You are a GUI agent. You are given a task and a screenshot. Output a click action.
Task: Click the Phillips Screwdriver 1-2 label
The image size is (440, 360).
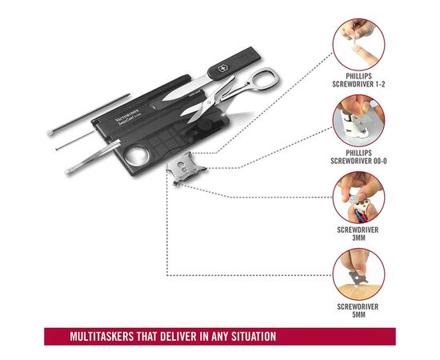pyautogui.click(x=358, y=80)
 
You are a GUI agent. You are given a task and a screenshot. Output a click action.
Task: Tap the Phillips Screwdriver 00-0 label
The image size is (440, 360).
pyautogui.click(x=358, y=157)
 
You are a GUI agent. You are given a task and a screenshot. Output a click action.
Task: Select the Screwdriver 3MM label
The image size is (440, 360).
pyautogui.click(x=358, y=234)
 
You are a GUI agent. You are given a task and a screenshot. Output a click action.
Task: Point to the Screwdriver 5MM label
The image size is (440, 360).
pyautogui.click(x=358, y=310)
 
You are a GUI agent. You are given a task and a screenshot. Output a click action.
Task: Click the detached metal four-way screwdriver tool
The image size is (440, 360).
pyautogui.click(x=186, y=168)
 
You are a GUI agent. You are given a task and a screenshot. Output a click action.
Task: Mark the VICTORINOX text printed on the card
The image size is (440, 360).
pyautogui.click(x=126, y=115)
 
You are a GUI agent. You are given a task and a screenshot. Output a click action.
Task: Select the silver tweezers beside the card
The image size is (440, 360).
pyautogui.click(x=93, y=157)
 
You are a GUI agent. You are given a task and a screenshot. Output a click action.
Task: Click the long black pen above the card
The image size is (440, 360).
pyautogui.click(x=89, y=114)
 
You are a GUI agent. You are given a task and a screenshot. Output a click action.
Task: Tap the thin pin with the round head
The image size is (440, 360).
pyautogui.click(x=74, y=140)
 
